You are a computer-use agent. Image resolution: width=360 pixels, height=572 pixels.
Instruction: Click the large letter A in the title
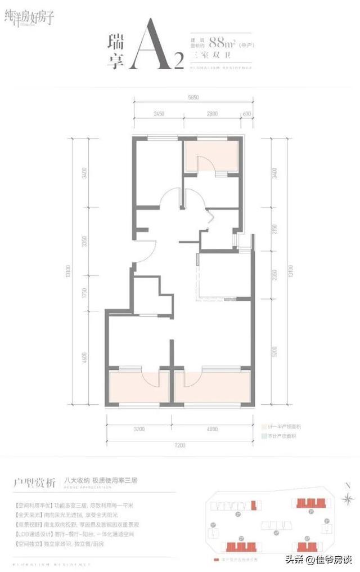click(x=149, y=45)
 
